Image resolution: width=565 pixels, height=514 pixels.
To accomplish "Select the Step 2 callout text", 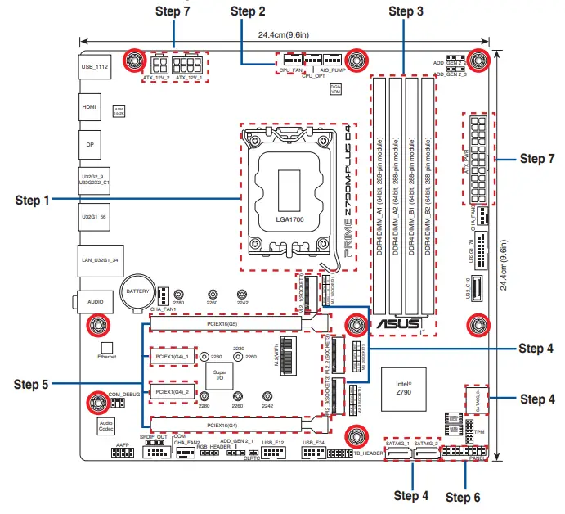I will pyautogui.click(x=248, y=11).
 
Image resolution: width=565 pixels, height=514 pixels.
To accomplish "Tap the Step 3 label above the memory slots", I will pyautogui.click(x=406, y=11).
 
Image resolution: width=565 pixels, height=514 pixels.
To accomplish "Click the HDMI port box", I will pyautogui.click(x=89, y=107).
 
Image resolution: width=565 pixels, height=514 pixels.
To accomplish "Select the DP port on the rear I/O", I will pyautogui.click(x=89, y=143).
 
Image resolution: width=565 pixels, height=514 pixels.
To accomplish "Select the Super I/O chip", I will pyautogui.click(x=220, y=376).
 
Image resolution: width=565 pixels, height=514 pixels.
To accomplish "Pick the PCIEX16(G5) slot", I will pyautogui.click(x=223, y=324).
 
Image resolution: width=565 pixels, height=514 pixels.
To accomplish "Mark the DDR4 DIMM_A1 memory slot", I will pyautogui.click(x=381, y=196).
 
